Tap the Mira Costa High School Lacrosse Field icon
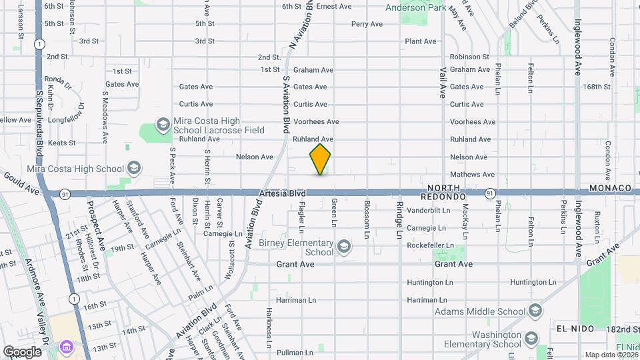[x=162, y=125]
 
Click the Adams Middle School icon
[x=535, y=311]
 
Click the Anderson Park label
[x=416, y=8]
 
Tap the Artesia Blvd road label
[x=279, y=193]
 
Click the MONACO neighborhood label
[x=610, y=189]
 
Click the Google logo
[x=22, y=351]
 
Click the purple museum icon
[x=65, y=347]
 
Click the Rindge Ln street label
[x=399, y=220]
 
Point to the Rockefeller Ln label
[x=435, y=245]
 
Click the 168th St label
[x=597, y=87]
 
